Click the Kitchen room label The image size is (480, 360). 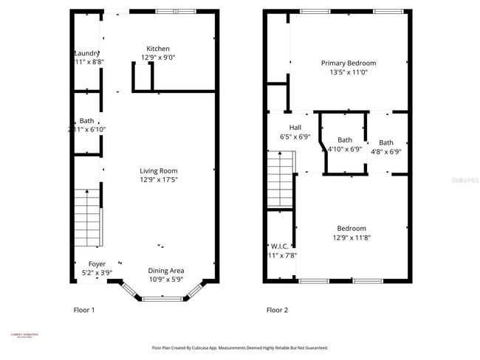coord(159,48)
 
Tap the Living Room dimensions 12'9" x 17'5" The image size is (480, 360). coord(159,179)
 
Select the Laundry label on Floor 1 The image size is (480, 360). coord(87,53)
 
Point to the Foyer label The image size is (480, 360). coord(97,263)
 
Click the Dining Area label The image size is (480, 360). coord(166,270)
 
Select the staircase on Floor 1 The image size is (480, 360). coord(88,217)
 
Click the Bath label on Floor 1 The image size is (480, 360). coord(87,121)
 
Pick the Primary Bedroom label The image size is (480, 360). coord(348,63)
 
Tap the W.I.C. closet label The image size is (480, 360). coord(280,246)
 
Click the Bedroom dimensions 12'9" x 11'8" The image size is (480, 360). coord(352,238)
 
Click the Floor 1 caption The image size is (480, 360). coord(83,311)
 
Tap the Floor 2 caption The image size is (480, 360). coord(277,311)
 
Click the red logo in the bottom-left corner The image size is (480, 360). coord(24,336)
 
